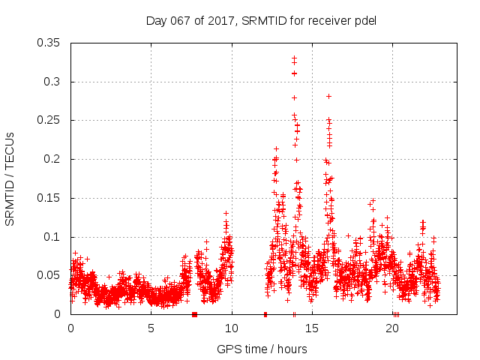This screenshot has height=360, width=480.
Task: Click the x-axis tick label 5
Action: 151,328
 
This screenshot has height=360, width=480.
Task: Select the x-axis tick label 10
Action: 232,328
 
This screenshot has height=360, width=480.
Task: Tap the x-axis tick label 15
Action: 313,328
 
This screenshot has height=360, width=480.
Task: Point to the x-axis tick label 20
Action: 394,328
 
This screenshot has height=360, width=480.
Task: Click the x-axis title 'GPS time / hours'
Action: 262,349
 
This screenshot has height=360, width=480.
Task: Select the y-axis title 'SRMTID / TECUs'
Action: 10,178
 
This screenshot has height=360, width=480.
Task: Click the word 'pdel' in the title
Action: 364,20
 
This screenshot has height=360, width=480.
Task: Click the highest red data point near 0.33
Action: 294,57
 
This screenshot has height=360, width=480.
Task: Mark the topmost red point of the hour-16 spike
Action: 328,96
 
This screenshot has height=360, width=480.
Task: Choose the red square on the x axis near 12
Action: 265,314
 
